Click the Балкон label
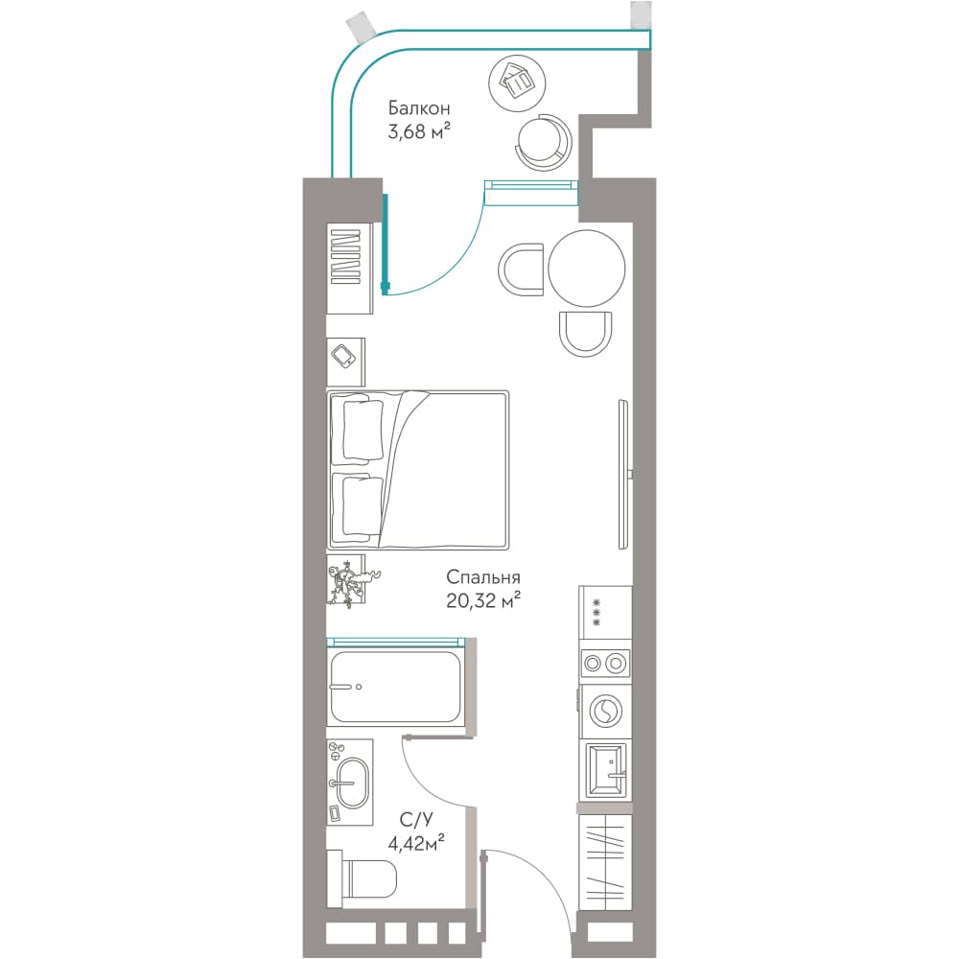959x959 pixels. tap(419, 108)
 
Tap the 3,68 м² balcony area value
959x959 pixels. tap(419, 130)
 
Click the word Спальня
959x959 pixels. tap(483, 577)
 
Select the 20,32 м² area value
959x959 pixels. tap(483, 601)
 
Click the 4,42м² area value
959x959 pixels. tap(416, 843)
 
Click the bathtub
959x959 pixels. tap(395, 687)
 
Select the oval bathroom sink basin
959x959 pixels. tap(353, 784)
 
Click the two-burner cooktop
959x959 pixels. tap(605, 663)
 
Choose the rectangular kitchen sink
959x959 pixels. tap(605, 771)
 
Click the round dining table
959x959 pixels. tap(587, 268)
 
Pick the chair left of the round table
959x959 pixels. tap(521, 269)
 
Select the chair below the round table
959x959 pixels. tap(585, 334)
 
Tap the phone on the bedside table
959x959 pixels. tap(343, 356)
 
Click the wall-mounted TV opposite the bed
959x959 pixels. tap(624, 475)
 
